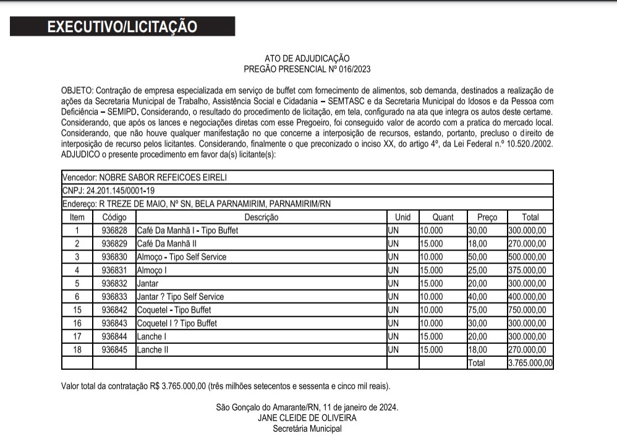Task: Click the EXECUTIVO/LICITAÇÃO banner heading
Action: (x=122, y=27)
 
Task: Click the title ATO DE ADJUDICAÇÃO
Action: (x=307, y=58)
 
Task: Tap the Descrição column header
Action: (x=262, y=217)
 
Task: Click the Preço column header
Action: (x=487, y=217)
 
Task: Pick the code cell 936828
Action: (x=114, y=231)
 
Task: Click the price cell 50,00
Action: (x=478, y=257)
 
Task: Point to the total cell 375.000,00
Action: (x=527, y=270)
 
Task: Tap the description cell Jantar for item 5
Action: (x=148, y=283)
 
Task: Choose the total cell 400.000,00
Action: (x=527, y=297)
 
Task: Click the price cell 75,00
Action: (x=478, y=310)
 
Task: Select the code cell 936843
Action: (x=114, y=323)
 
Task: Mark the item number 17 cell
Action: (x=77, y=336)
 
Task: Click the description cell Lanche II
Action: (x=153, y=349)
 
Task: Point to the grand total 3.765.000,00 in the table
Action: (x=530, y=363)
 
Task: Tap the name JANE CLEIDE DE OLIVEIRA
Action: (x=307, y=417)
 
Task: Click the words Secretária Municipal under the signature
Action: (x=307, y=428)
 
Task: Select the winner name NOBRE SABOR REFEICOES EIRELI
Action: (x=163, y=177)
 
